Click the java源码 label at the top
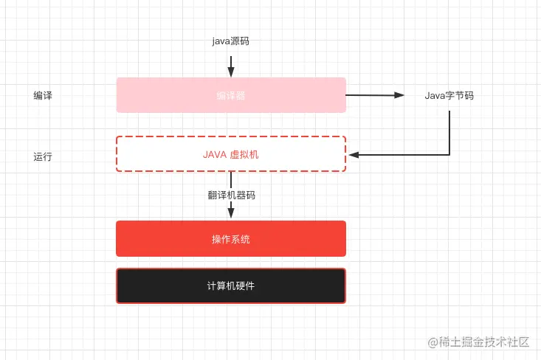click(230, 41)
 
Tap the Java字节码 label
click(449, 96)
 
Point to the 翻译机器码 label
click(231, 195)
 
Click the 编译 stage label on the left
click(43, 96)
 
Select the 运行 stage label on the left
click(43, 156)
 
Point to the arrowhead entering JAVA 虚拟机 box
click(354, 155)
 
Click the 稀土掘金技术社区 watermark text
click(484, 342)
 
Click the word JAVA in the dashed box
click(215, 155)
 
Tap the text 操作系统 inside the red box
click(231, 239)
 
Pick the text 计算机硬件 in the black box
click(231, 286)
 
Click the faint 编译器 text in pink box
click(231, 95)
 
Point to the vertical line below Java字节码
click(449, 129)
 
